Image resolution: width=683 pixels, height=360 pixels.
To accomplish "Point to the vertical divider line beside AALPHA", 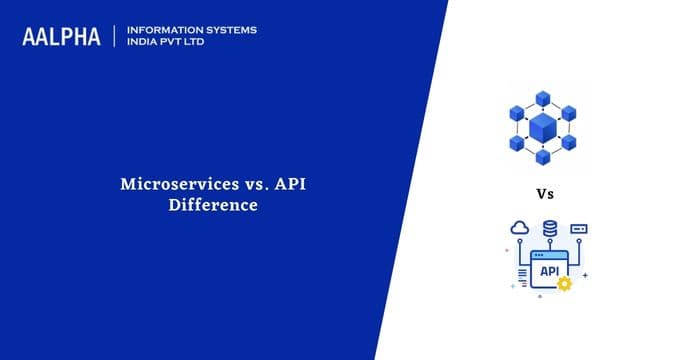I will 116,36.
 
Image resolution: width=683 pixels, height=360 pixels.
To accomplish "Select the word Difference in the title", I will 214,205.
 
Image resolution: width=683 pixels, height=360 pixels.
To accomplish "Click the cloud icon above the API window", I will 518,228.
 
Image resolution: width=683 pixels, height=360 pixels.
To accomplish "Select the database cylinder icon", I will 549,229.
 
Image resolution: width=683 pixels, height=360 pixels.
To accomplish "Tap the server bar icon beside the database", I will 579,229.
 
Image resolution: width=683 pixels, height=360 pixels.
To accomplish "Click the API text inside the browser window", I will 548,270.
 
